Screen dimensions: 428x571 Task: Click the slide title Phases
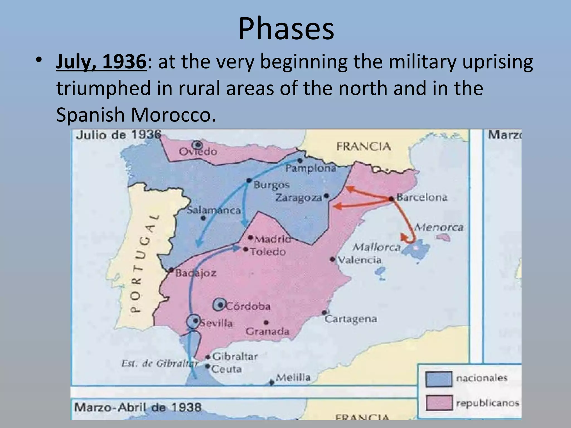(286, 29)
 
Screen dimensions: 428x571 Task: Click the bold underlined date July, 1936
(101, 62)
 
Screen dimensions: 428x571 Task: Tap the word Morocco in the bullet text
(173, 115)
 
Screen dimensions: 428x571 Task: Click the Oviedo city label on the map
(198, 152)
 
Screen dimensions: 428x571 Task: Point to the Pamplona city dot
(300, 160)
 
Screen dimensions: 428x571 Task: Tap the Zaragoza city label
(299, 197)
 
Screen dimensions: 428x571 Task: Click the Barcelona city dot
(391, 199)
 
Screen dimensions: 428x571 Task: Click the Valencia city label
(360, 260)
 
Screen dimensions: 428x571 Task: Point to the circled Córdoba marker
(220, 305)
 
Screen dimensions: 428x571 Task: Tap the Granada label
(267, 332)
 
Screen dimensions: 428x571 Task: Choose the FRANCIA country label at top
(364, 146)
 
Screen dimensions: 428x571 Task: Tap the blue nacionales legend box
(439, 379)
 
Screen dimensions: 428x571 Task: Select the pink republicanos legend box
(439, 403)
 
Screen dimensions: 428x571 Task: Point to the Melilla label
(293, 378)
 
